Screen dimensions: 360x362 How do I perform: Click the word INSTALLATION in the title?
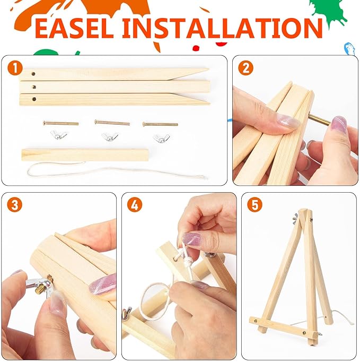[222, 28]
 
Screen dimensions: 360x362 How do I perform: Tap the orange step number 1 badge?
[15, 68]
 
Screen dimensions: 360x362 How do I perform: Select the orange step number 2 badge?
[246, 68]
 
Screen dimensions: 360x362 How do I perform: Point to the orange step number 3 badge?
[15, 204]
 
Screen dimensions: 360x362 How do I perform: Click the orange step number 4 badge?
[135, 204]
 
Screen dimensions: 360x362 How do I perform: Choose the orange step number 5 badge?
[254, 204]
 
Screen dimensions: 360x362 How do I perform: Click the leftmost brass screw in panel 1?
[61, 123]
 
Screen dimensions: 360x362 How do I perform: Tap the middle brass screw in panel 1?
[112, 123]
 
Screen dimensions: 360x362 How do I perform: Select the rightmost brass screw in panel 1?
[160, 124]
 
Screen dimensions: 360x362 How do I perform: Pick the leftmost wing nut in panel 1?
[59, 135]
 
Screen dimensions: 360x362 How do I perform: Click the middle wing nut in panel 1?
[110, 136]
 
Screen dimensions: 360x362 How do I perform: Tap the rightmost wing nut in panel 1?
[161, 138]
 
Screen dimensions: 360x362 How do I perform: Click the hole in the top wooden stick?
[33, 74]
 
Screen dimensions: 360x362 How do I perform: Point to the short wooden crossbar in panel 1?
[85, 155]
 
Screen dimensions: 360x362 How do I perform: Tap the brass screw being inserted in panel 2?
[320, 119]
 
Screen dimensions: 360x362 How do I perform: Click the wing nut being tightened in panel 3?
[41, 286]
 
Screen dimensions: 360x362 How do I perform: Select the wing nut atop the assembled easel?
[295, 219]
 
